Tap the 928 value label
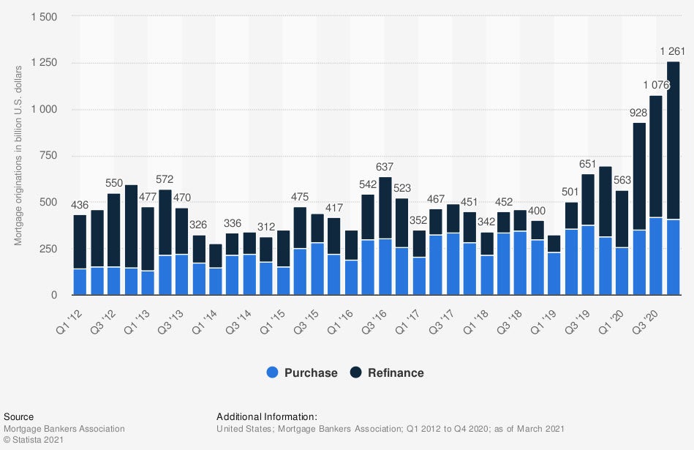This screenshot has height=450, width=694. [x=639, y=113]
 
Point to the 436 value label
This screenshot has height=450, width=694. [x=80, y=204]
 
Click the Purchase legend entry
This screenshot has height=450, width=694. [x=302, y=372]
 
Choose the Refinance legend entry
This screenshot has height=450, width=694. [x=388, y=372]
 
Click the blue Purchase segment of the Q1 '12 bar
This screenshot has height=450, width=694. [x=80, y=282]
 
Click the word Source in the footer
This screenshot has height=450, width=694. [x=18, y=417]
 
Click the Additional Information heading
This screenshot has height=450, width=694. [x=267, y=417]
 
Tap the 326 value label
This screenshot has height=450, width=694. [x=199, y=225]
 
